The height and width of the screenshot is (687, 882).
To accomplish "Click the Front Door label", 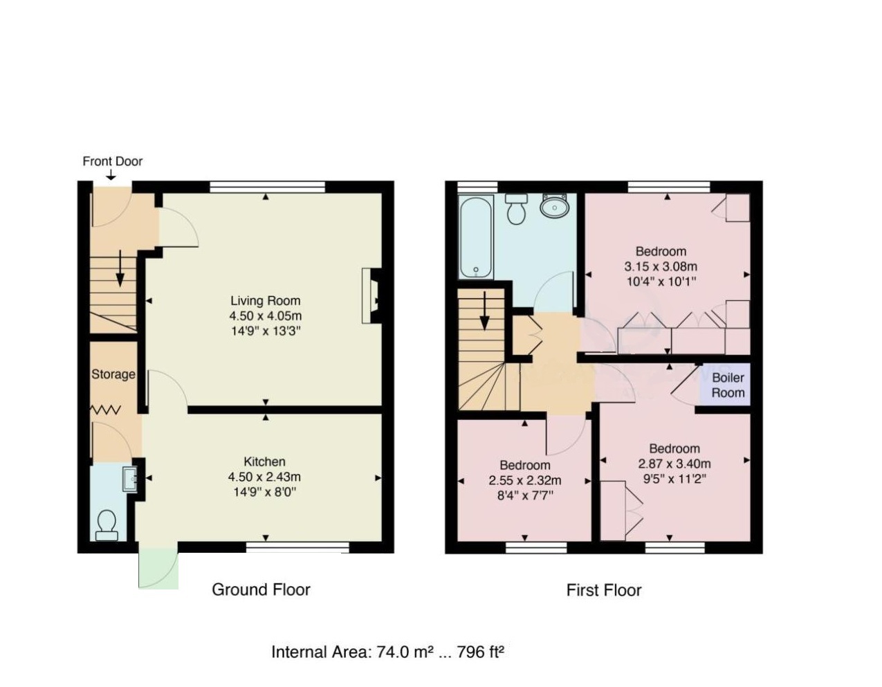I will pyautogui.click(x=112, y=161).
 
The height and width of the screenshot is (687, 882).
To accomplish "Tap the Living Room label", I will pyautogui.click(x=265, y=301).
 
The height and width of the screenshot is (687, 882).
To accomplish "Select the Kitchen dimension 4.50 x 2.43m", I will pyautogui.click(x=264, y=477).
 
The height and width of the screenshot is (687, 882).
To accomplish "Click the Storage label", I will pyautogui.click(x=113, y=374).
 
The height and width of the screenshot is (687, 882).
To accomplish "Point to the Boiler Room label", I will pyautogui.click(x=728, y=385).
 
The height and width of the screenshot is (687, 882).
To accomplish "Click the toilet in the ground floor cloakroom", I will pyautogui.click(x=107, y=525).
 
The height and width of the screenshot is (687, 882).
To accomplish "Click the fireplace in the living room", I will pyautogui.click(x=370, y=296).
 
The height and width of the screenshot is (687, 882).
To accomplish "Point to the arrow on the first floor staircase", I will pyautogui.click(x=484, y=311).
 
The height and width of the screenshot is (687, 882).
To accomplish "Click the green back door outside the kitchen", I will pyautogui.click(x=158, y=569).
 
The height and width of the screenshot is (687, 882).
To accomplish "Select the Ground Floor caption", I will pyautogui.click(x=261, y=589).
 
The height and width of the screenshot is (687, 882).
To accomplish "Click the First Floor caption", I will pyautogui.click(x=603, y=590).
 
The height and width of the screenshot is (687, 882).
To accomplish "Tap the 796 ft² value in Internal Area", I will pyautogui.click(x=479, y=652).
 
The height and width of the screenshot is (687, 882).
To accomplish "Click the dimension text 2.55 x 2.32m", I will pyautogui.click(x=524, y=481).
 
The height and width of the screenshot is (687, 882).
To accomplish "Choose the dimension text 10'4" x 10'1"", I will pyautogui.click(x=660, y=282).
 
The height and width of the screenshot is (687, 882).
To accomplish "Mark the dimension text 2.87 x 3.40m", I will pyautogui.click(x=674, y=464).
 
